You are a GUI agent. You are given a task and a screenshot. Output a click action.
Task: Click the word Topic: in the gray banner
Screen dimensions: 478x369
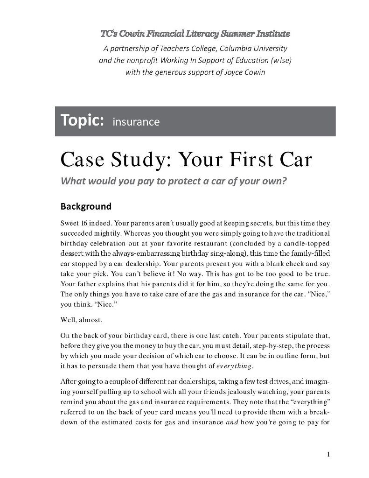82,120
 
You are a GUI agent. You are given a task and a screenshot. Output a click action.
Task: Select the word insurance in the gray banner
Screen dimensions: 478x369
136,122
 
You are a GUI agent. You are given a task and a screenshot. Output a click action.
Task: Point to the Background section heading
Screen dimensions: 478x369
86,206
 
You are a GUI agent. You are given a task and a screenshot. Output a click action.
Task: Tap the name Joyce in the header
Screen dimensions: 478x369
226,72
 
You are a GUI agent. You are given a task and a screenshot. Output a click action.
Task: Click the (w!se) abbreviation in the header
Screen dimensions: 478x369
278,60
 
